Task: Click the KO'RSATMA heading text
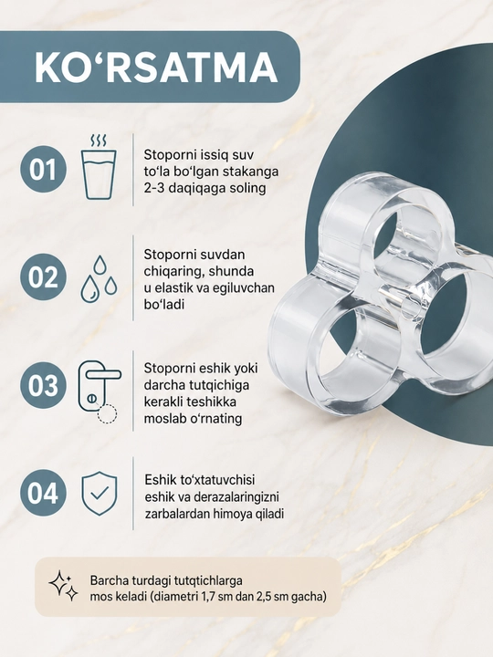click(155, 67)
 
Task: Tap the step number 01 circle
click(43, 170)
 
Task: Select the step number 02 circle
click(43, 276)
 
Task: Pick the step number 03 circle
click(43, 385)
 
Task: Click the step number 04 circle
click(43, 493)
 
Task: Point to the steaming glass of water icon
click(99, 167)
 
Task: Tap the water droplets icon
click(99, 278)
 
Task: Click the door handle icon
click(100, 392)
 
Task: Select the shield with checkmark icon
click(99, 493)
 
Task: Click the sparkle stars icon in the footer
click(63, 586)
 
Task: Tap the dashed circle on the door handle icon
click(108, 414)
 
